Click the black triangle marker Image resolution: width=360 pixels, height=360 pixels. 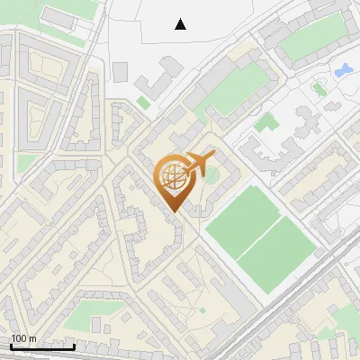[180, 24]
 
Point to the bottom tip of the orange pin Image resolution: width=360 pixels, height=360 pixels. [174, 212]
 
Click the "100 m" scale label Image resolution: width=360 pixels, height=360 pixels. [23, 338]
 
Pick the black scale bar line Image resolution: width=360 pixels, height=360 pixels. [42, 346]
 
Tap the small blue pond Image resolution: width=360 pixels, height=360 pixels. [342, 69]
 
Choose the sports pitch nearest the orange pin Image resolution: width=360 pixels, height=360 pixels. [243, 213]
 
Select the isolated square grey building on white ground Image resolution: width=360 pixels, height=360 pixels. [121, 71]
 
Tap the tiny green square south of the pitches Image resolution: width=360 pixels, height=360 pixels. [202, 310]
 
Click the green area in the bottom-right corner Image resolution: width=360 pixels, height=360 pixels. [346, 319]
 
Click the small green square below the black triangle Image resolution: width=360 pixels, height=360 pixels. [144, 103]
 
